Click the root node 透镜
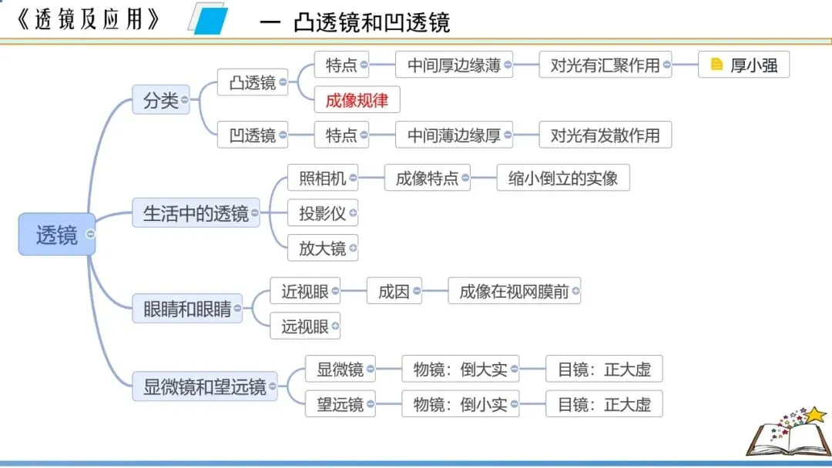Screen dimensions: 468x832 click(x=56, y=235)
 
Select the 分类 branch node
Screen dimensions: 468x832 click(x=160, y=101)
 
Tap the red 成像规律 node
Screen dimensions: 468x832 click(x=357, y=101)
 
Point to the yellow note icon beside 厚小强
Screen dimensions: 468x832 click(x=716, y=65)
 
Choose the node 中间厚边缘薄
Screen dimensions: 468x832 click(x=454, y=65)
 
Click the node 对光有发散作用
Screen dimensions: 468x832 click(x=605, y=135)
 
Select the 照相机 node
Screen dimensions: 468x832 click(x=322, y=179)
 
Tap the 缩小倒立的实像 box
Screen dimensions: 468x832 click(x=563, y=179)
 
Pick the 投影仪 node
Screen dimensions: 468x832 click(x=322, y=213)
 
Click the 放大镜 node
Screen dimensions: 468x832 click(x=322, y=248)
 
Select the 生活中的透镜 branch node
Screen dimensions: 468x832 click(x=196, y=213)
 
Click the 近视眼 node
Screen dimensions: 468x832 click(x=304, y=292)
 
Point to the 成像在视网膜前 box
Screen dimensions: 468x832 click(x=514, y=292)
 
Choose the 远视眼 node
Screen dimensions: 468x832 click(x=304, y=326)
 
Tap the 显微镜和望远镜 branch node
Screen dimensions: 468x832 click(x=204, y=386)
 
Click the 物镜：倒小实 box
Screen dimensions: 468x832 click(x=460, y=404)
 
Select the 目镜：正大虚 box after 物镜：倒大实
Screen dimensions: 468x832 click(x=604, y=369)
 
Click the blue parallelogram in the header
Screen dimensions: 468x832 click(x=209, y=18)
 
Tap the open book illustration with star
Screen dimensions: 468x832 click(x=784, y=434)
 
